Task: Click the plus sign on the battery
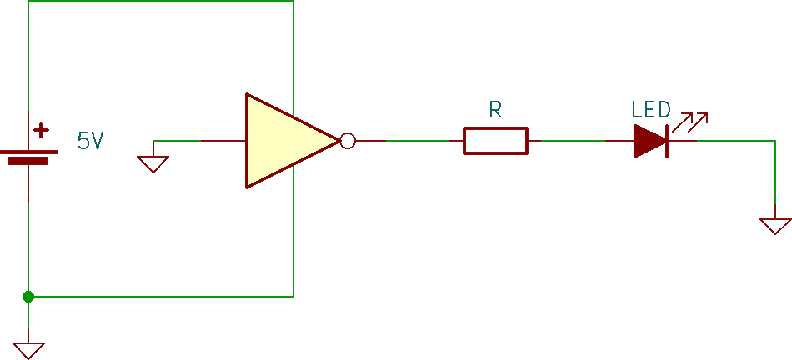point(41,131)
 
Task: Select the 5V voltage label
point(91,141)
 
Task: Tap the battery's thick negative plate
point(28,161)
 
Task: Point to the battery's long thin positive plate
point(28,152)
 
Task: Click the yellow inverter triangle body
point(279,141)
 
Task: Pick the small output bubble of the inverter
point(348,141)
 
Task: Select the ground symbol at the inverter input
point(153,163)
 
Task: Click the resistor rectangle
point(495,141)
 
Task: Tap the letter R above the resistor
point(495,110)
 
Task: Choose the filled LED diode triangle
point(649,141)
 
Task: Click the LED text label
point(651,110)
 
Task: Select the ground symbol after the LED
point(774,225)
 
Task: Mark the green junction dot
point(28,296)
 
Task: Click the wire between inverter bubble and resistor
point(409,141)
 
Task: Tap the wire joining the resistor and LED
point(575,141)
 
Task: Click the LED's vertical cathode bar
point(668,141)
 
